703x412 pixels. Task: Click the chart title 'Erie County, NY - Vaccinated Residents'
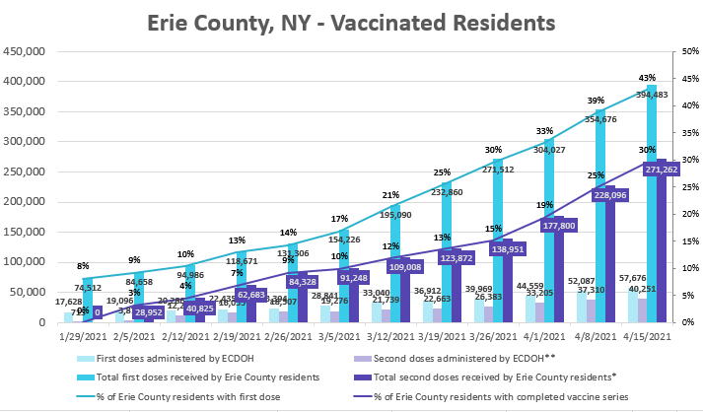point(350,21)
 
